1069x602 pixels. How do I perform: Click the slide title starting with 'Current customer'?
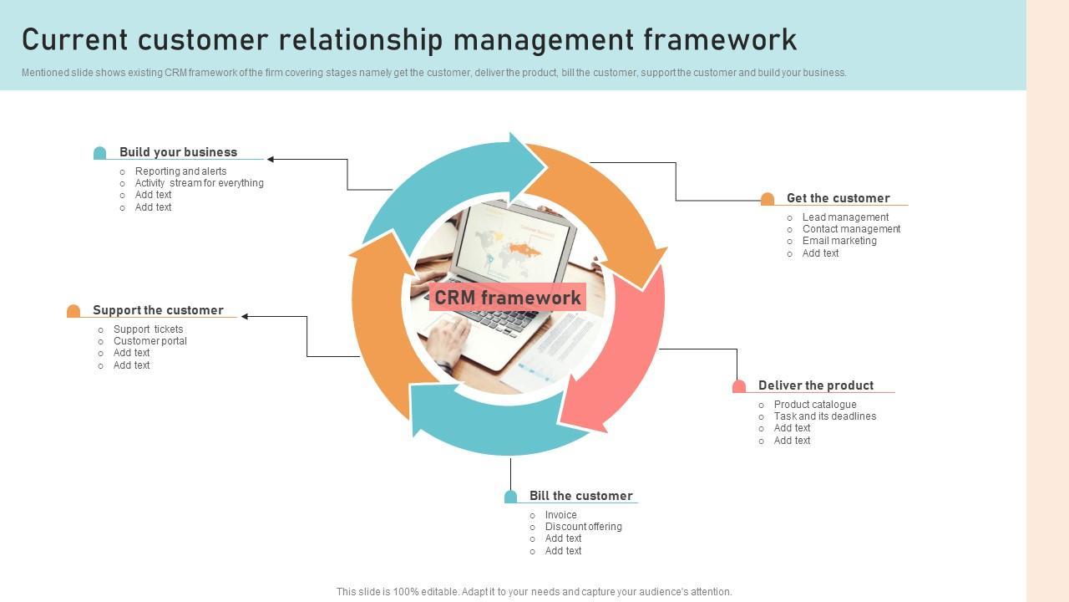click(409, 39)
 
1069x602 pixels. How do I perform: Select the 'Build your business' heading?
click(178, 152)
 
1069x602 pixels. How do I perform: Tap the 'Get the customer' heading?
click(838, 198)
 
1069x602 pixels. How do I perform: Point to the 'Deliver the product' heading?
click(815, 385)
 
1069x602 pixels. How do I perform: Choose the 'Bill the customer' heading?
click(580, 496)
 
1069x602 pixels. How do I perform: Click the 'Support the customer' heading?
click(158, 310)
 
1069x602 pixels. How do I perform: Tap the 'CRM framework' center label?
click(507, 298)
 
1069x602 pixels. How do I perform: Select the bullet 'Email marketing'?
click(839, 241)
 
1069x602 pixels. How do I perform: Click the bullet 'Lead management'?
click(845, 217)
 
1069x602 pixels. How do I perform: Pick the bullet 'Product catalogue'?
click(815, 405)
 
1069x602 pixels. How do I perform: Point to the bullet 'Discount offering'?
click(583, 527)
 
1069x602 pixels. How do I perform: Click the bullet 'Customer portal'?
click(150, 341)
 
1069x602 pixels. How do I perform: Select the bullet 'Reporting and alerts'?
click(180, 171)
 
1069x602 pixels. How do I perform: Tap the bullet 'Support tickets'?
click(148, 329)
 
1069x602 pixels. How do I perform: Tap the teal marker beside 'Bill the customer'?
click(510, 497)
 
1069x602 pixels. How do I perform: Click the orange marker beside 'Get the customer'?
click(768, 199)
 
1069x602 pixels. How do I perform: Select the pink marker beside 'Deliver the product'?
click(739, 386)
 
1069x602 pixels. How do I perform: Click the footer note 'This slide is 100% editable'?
click(534, 592)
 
